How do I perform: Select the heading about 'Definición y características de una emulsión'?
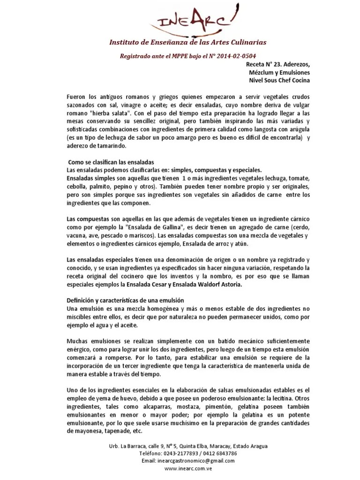coord(126,300)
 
